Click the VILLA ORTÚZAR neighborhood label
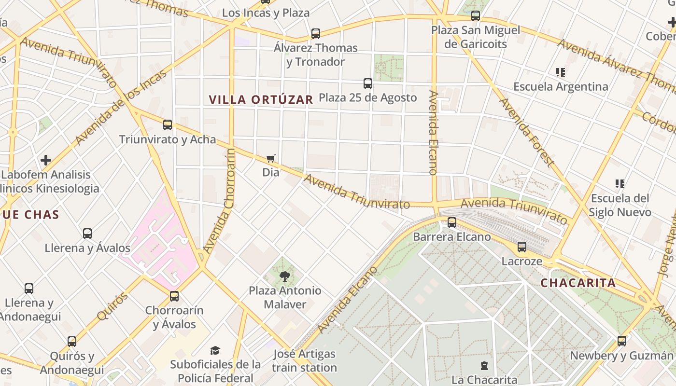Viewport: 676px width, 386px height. [x=261, y=100]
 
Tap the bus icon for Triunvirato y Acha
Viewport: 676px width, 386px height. [x=168, y=125]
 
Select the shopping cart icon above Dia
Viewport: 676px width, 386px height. [x=271, y=159]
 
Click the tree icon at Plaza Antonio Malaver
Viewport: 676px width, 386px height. [x=285, y=276]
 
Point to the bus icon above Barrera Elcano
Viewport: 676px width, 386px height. [x=452, y=222]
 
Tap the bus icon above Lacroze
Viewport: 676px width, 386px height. [x=522, y=247]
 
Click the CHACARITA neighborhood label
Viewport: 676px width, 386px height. [x=578, y=283]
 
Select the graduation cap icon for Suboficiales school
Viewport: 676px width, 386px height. [x=215, y=350]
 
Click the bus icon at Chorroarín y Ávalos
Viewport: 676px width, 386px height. [x=174, y=296]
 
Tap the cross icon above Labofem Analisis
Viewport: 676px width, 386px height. [x=46, y=160]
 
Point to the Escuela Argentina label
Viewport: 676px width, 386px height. [x=561, y=87]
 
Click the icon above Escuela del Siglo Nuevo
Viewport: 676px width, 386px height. [x=620, y=184]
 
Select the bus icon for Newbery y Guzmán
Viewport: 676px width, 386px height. [x=622, y=341]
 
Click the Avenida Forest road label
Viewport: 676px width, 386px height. [x=526, y=132]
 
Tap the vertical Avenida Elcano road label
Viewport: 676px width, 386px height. [x=433, y=133]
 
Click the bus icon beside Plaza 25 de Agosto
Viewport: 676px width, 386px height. [x=368, y=83]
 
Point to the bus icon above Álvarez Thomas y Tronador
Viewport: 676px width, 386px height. [x=316, y=34]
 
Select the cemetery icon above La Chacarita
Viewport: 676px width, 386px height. [x=484, y=366]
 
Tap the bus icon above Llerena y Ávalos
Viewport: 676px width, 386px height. [x=87, y=234]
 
